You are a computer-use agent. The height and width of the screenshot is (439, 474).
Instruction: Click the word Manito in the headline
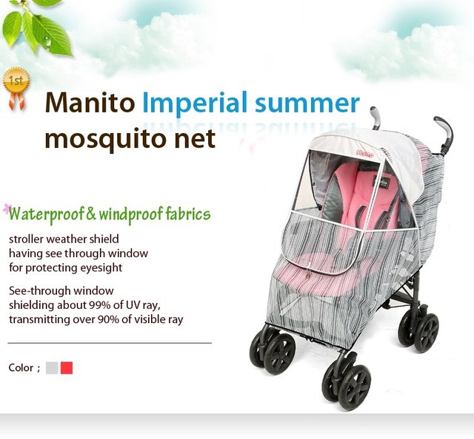click(90, 103)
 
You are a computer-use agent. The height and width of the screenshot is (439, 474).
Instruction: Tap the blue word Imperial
click(195, 103)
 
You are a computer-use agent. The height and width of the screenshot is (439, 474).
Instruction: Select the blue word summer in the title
click(307, 103)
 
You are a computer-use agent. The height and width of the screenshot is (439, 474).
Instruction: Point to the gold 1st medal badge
click(16, 87)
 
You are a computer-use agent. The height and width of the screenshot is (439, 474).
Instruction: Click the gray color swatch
click(52, 368)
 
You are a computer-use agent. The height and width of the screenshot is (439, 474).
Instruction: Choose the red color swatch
click(67, 368)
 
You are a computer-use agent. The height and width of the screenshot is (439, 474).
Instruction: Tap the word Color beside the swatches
click(21, 367)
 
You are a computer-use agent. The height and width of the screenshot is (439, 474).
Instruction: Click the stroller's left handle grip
click(375, 118)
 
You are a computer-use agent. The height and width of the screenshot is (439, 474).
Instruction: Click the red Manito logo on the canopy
click(365, 154)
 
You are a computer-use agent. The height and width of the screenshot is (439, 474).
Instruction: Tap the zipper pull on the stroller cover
click(308, 273)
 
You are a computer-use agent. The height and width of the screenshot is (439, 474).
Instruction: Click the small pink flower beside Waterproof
click(7, 209)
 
